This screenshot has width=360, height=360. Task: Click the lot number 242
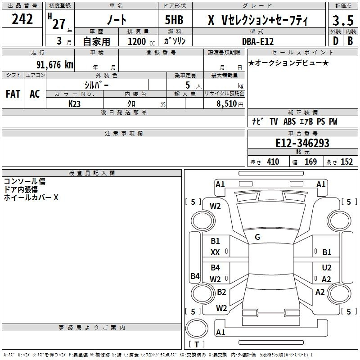(22, 19)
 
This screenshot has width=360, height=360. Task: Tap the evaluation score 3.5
(343, 20)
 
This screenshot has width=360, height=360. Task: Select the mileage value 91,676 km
(55, 65)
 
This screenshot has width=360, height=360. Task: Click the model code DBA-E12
(258, 41)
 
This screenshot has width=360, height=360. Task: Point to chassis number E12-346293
(302, 143)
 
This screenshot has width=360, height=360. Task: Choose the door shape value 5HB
(174, 20)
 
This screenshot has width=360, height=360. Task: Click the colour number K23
(74, 104)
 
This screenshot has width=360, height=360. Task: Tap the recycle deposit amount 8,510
(227, 103)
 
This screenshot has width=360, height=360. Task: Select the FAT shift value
(13, 94)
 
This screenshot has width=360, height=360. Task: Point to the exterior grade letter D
(336, 41)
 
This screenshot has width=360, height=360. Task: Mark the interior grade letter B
(351, 41)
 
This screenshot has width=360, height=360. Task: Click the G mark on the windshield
(257, 237)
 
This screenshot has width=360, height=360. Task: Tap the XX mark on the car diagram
(215, 252)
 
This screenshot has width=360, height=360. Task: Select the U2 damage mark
(327, 267)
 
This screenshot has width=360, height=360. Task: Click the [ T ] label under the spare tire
(197, 344)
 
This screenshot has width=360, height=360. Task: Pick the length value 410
(273, 162)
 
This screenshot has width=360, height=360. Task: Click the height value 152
(346, 162)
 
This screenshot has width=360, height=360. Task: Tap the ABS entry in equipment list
(289, 121)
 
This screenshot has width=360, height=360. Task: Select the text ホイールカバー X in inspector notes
(31, 198)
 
